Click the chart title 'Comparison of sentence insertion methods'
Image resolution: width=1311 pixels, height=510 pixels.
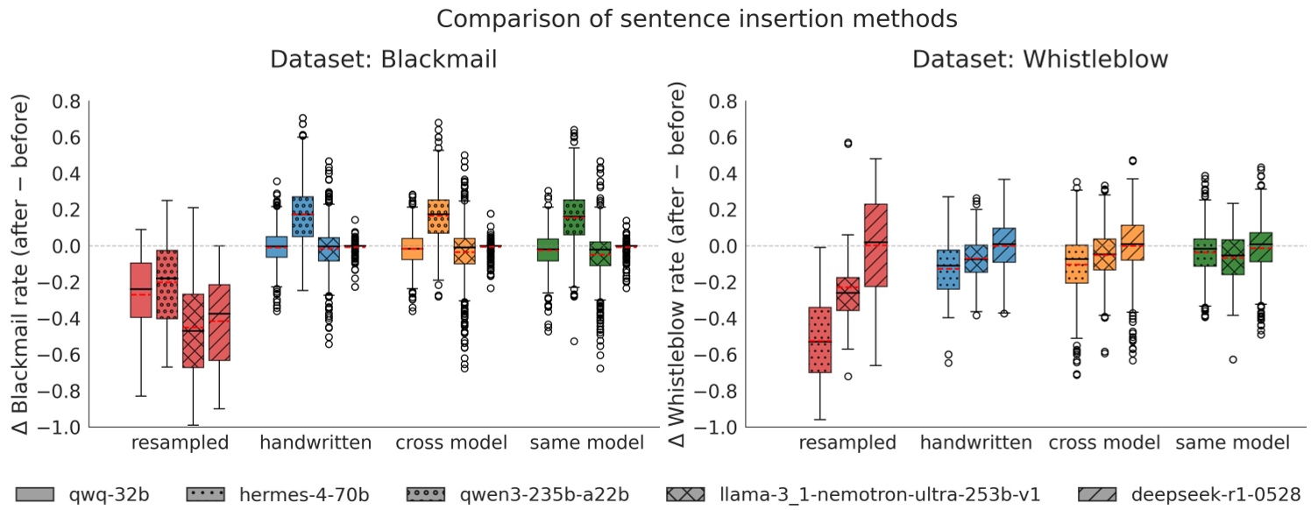(x=655, y=18)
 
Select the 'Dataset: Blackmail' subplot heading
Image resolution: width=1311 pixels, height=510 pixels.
(x=383, y=60)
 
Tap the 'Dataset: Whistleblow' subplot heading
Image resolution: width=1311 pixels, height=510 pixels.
(x=1039, y=60)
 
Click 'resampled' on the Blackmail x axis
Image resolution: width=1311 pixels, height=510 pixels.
(x=180, y=443)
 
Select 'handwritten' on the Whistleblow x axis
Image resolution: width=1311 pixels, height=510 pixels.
(x=975, y=443)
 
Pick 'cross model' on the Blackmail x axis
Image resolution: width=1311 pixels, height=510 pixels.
(x=450, y=443)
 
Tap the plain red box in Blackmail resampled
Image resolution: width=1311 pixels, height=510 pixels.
(x=140, y=289)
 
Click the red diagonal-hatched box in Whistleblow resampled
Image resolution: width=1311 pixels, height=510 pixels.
(x=876, y=244)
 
